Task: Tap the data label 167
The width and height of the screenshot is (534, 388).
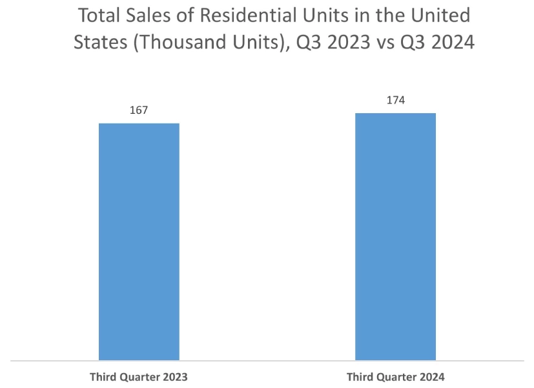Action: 139,111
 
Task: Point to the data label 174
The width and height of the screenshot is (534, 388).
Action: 395,100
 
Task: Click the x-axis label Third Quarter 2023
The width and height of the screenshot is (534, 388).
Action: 139,376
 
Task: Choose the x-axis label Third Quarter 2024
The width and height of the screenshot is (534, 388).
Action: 395,376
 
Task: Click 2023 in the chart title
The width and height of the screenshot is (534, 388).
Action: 339,43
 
